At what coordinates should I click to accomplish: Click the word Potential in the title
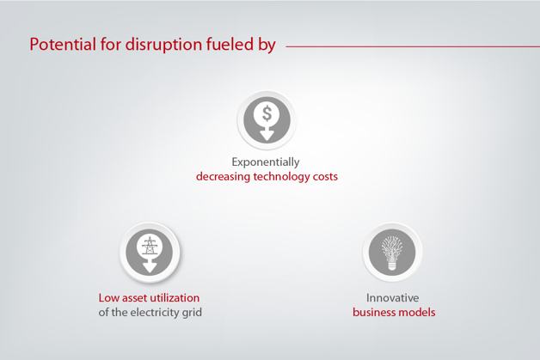coord(60,45)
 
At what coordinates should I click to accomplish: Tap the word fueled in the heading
coord(226,45)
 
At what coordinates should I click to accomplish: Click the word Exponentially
coord(266,161)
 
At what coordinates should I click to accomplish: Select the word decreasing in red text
coord(224,177)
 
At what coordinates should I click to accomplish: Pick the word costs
coord(325,177)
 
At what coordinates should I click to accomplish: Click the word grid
coord(191,312)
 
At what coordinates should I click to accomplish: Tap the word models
coord(417,312)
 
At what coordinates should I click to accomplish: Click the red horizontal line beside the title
coord(413,46)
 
